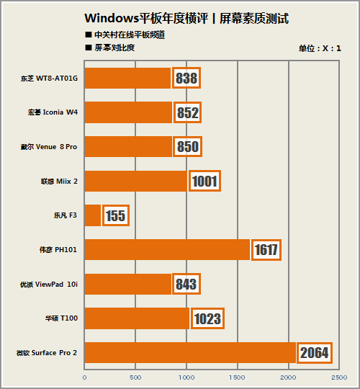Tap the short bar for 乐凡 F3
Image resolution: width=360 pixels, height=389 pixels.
pyautogui.click(x=93, y=215)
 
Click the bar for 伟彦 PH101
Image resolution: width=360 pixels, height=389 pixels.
pyautogui.click(x=167, y=250)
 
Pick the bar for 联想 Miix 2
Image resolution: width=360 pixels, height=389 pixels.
pyautogui.click(x=136, y=181)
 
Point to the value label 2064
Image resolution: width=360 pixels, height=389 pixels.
pyautogui.click(x=315, y=352)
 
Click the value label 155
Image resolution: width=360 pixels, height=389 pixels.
pyautogui.click(x=116, y=215)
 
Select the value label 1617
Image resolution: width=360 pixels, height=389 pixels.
pyautogui.click(x=266, y=250)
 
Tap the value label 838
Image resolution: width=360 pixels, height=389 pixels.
pyautogui.click(x=186, y=78)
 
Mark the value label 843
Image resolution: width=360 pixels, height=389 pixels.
pyautogui.click(x=186, y=284)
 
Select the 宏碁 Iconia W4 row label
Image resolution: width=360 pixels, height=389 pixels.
pyautogui.click(x=53, y=112)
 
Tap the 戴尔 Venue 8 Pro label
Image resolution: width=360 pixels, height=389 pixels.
pyautogui.click(x=48, y=147)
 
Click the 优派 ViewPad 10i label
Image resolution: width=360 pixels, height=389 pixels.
pyautogui.click(x=48, y=284)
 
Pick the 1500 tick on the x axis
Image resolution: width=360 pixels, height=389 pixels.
pyautogui.click(x=238, y=377)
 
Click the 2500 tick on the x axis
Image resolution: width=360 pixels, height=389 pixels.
pyautogui.click(x=340, y=377)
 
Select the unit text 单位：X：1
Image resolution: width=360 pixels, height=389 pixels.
pyautogui.click(x=320, y=49)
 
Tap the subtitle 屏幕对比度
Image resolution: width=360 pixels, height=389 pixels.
pyautogui.click(x=114, y=48)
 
